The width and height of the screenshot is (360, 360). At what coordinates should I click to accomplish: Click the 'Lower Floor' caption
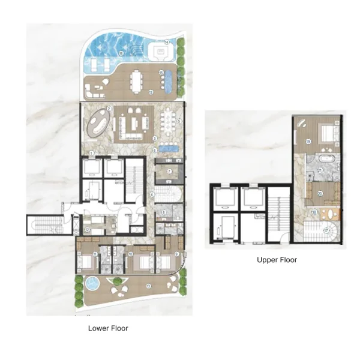[108, 328]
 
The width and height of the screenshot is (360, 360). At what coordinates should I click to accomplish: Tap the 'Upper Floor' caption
[277, 260]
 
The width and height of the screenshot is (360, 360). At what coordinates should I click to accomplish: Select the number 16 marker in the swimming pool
[121, 53]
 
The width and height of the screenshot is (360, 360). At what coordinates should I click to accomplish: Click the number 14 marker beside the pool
[166, 42]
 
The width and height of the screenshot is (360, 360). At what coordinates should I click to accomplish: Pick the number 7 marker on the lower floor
[170, 172]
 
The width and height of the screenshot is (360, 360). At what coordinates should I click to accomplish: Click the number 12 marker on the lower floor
[87, 229]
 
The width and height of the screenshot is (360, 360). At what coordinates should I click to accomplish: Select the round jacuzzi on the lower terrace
[91, 283]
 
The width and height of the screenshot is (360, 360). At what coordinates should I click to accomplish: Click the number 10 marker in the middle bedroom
[130, 254]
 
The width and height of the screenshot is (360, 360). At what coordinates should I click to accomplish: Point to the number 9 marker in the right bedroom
[176, 254]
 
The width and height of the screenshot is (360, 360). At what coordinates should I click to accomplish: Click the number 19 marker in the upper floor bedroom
[307, 142]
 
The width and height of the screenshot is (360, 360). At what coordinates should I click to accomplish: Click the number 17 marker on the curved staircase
[326, 230]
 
